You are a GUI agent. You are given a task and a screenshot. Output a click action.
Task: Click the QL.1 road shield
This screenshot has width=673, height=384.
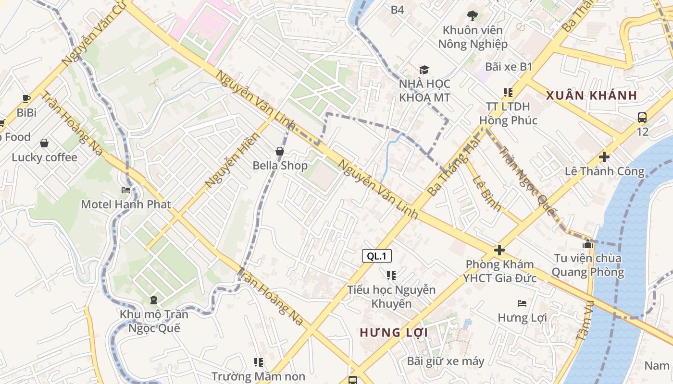(376, 256)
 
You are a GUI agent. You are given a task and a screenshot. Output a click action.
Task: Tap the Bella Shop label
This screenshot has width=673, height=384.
(280, 166)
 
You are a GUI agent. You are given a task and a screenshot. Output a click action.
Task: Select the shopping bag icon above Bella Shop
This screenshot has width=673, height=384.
(280, 152)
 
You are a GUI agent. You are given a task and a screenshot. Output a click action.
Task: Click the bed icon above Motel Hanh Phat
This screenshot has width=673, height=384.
(126, 190)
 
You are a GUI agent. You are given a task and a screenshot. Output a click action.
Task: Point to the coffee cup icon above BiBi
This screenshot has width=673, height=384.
(26, 99)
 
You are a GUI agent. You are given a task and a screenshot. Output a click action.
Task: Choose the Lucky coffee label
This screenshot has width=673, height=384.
(44, 157)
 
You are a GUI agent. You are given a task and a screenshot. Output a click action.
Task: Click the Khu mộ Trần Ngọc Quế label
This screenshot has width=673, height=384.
(154, 321)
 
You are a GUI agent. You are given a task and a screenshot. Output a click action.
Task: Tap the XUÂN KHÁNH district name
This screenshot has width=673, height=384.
(591, 95)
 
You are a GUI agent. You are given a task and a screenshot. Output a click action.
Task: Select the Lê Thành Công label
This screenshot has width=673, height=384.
(604, 171)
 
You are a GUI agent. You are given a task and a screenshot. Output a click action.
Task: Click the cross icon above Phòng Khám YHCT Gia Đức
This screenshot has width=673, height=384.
(499, 250)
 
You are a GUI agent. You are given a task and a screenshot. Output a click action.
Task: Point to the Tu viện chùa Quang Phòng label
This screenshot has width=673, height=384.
(587, 265)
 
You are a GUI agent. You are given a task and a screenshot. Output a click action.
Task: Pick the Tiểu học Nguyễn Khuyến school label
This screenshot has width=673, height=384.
(391, 297)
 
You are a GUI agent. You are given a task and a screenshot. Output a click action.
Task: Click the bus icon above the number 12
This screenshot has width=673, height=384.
(642, 118)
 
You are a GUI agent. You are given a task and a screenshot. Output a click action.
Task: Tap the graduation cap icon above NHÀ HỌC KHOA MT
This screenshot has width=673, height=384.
(424, 70)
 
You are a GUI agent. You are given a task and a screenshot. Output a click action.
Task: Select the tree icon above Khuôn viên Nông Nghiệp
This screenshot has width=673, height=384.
(473, 15)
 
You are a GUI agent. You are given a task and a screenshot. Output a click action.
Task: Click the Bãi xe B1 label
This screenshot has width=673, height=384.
(509, 67)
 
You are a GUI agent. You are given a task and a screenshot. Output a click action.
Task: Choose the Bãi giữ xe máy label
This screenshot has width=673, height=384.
(446, 361)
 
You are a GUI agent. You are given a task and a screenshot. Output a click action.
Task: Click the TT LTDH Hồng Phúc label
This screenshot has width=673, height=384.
(508, 113)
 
